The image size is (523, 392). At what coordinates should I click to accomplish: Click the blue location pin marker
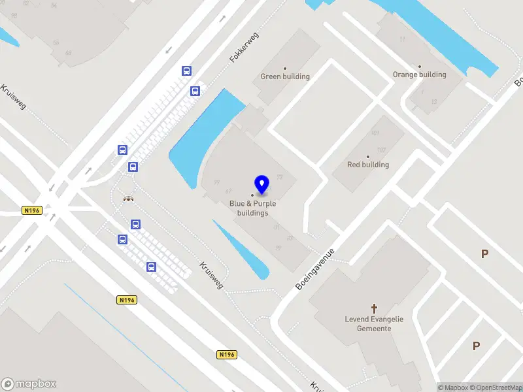pos(261,185)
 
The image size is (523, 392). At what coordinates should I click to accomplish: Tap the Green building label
pos(285,76)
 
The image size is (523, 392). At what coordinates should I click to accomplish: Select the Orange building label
pos(419,74)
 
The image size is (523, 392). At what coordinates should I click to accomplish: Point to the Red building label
pos(367,165)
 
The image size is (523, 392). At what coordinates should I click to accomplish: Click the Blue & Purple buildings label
pos(252,208)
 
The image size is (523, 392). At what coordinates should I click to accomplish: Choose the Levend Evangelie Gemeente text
pos(374,323)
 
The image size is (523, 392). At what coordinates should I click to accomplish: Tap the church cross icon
pos(375,308)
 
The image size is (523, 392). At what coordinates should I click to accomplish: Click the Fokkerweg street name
pos(245,48)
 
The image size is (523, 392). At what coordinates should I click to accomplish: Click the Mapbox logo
pos(29,384)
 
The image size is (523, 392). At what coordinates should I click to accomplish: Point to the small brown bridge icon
pos(129,199)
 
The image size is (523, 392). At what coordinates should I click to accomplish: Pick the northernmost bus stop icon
pos(187,71)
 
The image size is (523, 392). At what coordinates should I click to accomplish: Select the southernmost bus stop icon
pos(151,267)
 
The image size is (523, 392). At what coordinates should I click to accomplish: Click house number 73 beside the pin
pos(280,178)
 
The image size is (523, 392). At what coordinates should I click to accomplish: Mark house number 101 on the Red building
pos(375,133)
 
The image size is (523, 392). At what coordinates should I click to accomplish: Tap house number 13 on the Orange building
pos(433,101)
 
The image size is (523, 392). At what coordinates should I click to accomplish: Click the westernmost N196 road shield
pos(31,210)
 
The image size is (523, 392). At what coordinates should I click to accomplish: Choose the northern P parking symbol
pos(484,254)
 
